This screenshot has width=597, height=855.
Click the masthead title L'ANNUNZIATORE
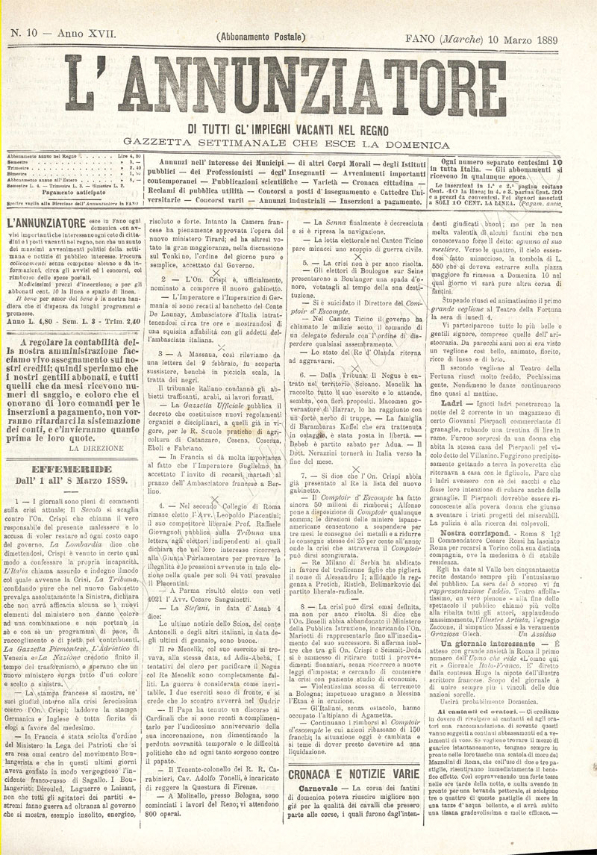[298, 91]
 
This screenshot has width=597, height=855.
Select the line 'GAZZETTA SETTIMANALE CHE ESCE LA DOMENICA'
[298, 143]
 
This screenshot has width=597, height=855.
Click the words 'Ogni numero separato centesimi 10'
[501, 161]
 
